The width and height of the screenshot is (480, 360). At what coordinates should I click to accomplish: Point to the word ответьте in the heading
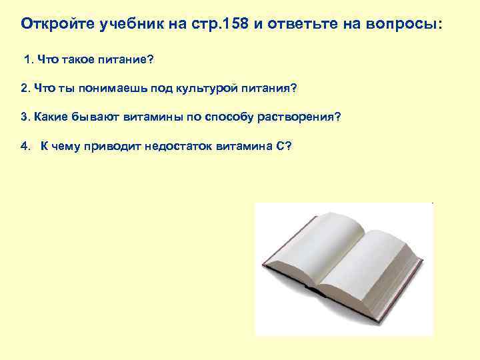click(x=295, y=24)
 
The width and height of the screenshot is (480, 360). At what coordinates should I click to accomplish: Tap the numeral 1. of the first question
click(x=29, y=61)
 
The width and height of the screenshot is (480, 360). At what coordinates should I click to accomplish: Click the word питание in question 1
click(x=127, y=61)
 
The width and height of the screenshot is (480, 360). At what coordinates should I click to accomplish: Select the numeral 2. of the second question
click(x=25, y=88)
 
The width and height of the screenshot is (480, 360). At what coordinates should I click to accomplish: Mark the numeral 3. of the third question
click(x=25, y=117)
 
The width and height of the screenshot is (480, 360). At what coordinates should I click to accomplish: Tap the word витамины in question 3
click(x=148, y=117)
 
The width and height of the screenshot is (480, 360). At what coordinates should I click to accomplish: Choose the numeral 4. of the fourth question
click(x=25, y=146)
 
